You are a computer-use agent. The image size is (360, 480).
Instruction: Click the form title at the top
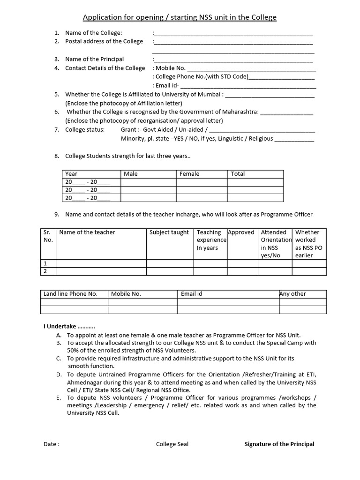coord(180,18)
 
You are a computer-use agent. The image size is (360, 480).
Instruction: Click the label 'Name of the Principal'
coord(95,59)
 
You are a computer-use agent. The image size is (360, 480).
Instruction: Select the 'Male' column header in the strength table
coord(131,174)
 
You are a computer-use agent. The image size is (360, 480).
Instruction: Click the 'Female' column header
coord(189,174)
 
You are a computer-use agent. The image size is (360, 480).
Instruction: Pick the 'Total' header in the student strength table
coord(238,174)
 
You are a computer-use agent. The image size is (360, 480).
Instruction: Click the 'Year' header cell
coord(71,174)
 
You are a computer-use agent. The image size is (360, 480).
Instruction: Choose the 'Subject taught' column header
coord(169,232)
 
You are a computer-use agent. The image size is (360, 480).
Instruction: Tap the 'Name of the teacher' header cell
coord(87,232)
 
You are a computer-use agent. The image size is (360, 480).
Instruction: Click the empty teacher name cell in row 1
coord(101,263)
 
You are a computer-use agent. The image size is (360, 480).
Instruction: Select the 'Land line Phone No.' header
coord(70,294)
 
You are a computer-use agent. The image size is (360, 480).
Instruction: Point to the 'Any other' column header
coord(292,294)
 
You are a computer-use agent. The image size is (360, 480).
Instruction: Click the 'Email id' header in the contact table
coord(191,294)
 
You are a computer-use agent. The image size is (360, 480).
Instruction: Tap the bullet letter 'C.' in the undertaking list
coord(59,358)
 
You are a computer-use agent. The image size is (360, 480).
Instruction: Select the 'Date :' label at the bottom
coord(52,444)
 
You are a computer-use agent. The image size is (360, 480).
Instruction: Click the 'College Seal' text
coord(172,444)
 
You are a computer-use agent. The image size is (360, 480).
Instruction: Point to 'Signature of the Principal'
coord(279,444)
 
